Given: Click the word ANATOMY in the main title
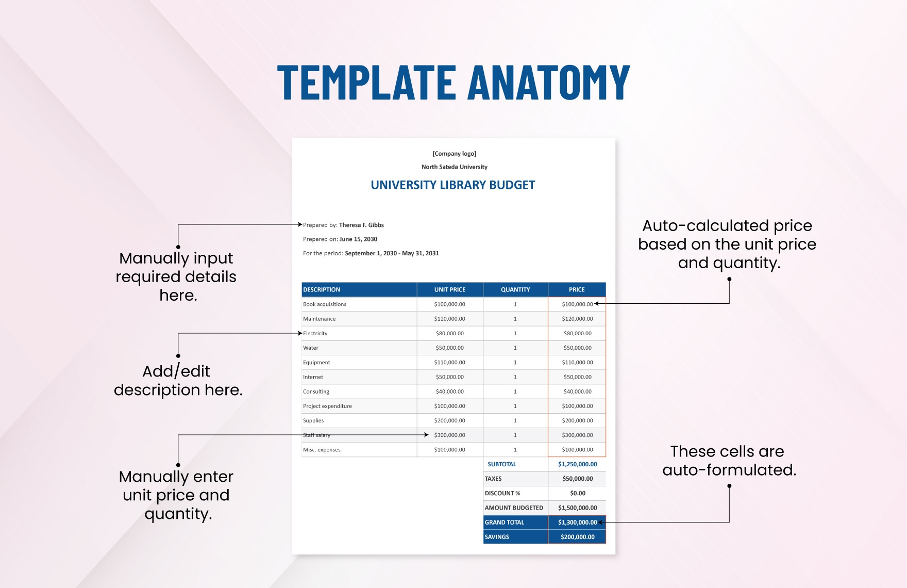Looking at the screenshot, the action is pos(549,82).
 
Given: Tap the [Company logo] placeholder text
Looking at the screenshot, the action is pos(455,154).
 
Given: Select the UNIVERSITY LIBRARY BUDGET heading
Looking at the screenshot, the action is pos(453,185).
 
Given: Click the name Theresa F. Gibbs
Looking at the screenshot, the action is pos(361,225).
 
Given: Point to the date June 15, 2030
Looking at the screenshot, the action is pos(358,239).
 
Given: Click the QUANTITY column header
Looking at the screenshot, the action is pos(515,290).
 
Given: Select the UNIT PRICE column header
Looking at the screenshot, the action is pos(450,290).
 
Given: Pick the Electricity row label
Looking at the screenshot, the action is pos(315,334).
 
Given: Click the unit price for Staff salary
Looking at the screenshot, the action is pos(450,435).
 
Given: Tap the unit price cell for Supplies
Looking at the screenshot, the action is pos(450,421).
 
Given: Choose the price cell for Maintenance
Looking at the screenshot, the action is pos(577,319).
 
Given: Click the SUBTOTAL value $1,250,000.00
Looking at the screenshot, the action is pos(578,464).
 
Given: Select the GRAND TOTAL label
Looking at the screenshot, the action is pos(505,522).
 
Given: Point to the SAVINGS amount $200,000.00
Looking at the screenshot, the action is pos(578,537).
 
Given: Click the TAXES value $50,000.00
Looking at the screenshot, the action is pos(578,479).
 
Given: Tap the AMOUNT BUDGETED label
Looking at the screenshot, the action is pos(514,508).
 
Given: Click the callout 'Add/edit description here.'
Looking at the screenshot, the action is pos(178,381).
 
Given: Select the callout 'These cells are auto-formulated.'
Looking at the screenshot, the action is pos(729,461).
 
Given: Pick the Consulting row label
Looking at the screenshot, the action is pos(316,392).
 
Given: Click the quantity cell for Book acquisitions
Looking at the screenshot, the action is pos(515,304).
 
